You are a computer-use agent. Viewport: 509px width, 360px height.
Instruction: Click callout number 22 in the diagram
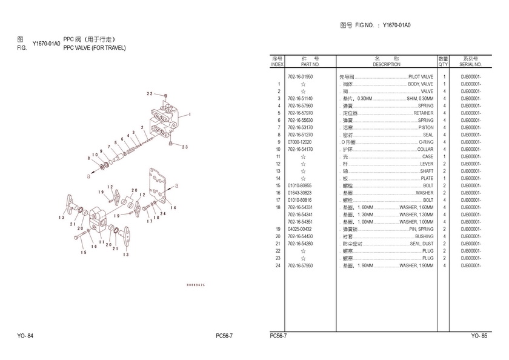[x=149, y=94]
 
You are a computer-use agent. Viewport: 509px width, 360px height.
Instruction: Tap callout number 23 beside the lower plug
[x=185, y=147]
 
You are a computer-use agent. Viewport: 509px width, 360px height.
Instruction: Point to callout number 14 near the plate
[x=173, y=208]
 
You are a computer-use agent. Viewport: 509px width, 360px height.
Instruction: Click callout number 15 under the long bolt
[x=84, y=252]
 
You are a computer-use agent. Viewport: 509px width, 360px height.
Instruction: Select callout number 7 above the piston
[x=109, y=147]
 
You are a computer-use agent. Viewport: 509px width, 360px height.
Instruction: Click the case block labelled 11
[x=99, y=219]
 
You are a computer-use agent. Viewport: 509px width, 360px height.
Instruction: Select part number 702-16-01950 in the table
[x=301, y=77]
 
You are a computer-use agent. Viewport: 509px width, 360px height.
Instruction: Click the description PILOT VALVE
[x=421, y=77]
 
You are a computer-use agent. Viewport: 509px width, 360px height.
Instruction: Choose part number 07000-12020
[x=299, y=142]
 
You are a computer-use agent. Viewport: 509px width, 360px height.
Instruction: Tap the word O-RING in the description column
[x=426, y=142]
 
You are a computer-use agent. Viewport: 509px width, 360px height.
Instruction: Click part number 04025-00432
[x=299, y=229]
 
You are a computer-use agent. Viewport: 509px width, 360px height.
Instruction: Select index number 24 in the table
[x=278, y=265]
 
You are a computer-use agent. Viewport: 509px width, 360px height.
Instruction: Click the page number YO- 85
[x=479, y=336]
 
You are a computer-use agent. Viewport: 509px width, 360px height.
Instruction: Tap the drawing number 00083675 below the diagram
[x=196, y=285]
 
